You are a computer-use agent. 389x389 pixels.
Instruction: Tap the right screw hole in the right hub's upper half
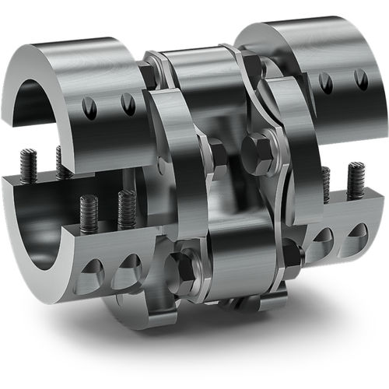click(360, 79)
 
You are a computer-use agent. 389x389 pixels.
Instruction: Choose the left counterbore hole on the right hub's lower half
click(323, 236)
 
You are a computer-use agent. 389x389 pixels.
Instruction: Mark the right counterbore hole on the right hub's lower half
click(358, 231)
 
